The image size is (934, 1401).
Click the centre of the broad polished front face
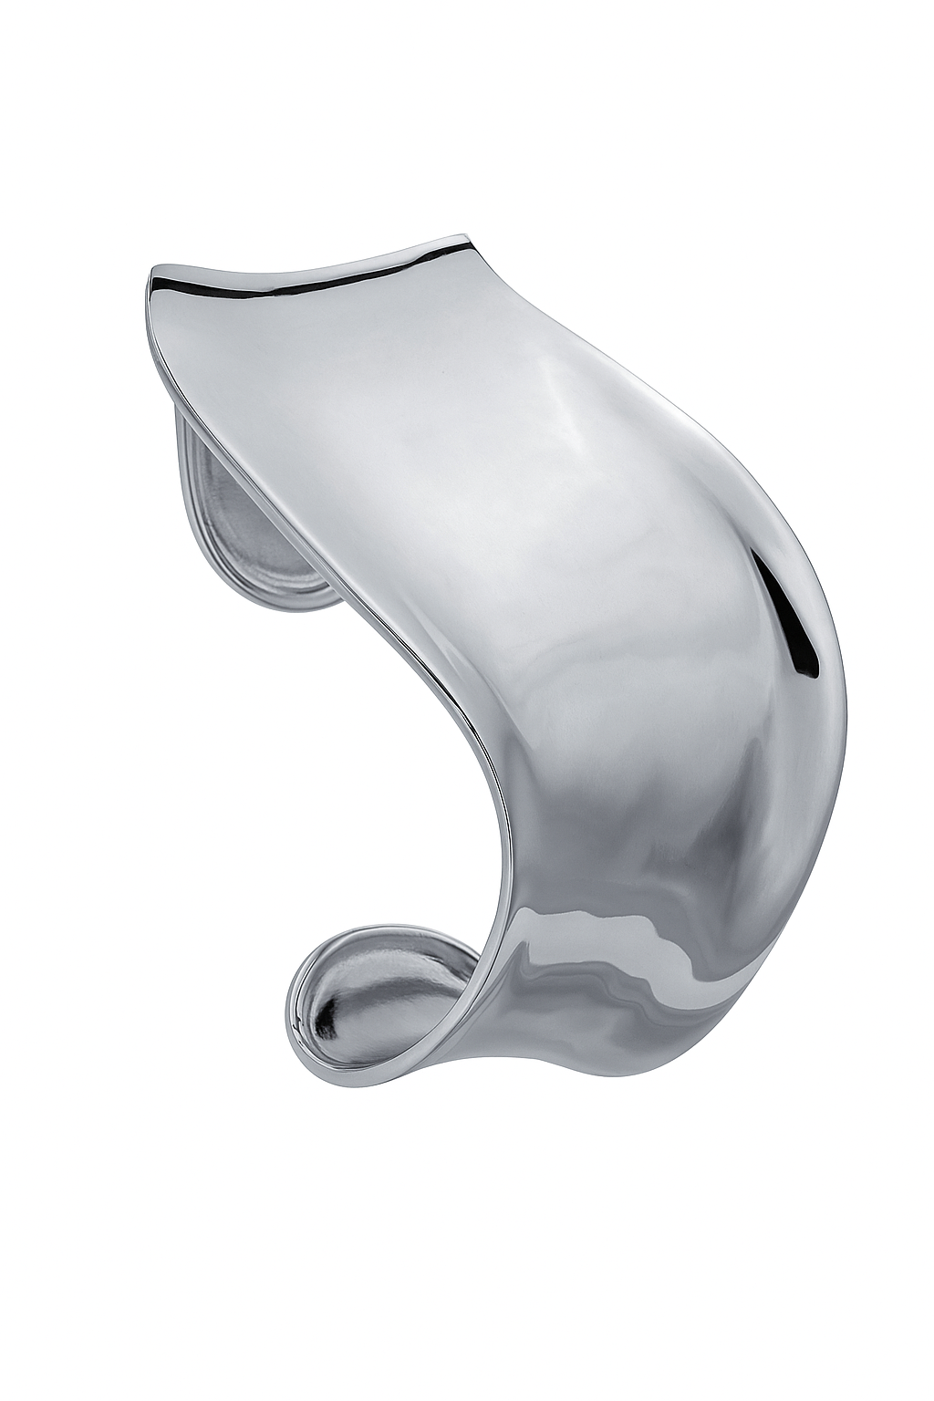511,593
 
